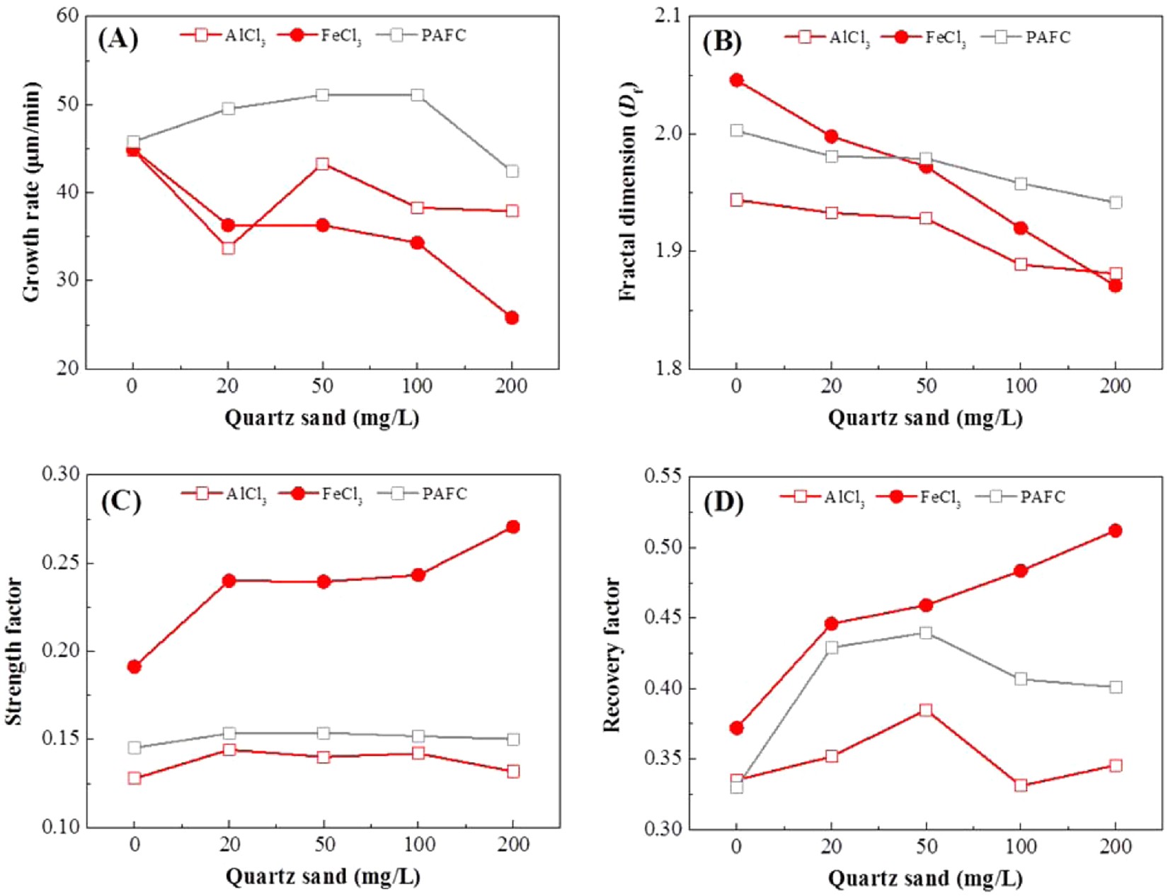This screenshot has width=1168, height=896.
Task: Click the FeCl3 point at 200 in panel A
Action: coord(512,318)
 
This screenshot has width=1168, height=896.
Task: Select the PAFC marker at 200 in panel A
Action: coord(512,171)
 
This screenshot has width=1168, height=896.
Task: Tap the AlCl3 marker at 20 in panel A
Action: coord(228,248)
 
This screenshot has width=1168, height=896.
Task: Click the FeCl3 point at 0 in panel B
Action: coord(736,80)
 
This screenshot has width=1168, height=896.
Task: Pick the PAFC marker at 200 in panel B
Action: coord(1116,203)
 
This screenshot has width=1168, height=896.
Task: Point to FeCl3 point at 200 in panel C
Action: coord(513,527)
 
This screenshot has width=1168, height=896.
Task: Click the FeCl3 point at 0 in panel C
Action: coord(134,667)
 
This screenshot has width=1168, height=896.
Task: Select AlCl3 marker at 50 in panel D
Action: coord(926,710)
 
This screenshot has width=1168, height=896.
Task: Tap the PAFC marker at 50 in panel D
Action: coord(926,633)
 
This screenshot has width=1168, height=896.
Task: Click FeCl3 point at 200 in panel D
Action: coord(1116,531)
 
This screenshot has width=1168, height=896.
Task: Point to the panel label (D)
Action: coord(723,502)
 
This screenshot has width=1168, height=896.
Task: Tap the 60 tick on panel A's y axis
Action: coord(68,16)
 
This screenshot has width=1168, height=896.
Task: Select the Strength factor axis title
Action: coord(14,652)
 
